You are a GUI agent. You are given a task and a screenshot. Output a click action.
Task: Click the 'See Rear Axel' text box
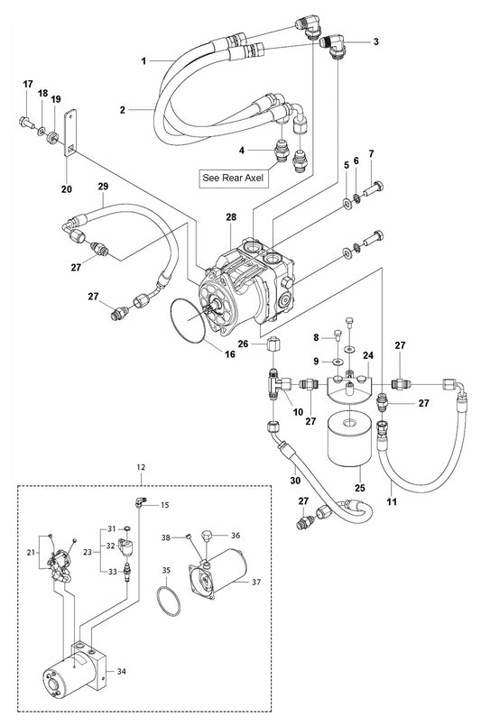tap(234, 178)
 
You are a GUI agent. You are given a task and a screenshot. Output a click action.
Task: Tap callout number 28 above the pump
tap(231, 216)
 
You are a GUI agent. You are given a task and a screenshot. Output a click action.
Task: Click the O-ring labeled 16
tap(189, 320)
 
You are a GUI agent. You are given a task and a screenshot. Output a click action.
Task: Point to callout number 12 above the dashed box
tap(141, 467)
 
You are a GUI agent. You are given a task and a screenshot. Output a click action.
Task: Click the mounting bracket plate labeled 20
tap(69, 134)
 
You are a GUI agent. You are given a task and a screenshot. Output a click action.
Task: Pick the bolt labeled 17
tap(26, 123)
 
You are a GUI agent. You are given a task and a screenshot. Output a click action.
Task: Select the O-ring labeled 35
tap(168, 601)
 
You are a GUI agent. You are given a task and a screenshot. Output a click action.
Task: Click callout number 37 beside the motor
tap(256, 583)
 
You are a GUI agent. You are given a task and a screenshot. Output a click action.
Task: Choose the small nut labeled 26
tap(273, 344)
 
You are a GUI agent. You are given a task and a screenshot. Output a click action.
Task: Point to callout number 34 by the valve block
tap(121, 672)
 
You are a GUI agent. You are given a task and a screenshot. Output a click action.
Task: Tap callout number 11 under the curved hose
tap(392, 501)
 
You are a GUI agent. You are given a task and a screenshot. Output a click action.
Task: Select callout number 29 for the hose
tap(103, 186)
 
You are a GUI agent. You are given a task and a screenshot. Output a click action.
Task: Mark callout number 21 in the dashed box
tap(31, 552)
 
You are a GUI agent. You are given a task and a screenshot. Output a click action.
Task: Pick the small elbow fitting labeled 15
tap(140, 501)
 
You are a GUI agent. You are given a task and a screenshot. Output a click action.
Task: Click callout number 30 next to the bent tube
tap(295, 481)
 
